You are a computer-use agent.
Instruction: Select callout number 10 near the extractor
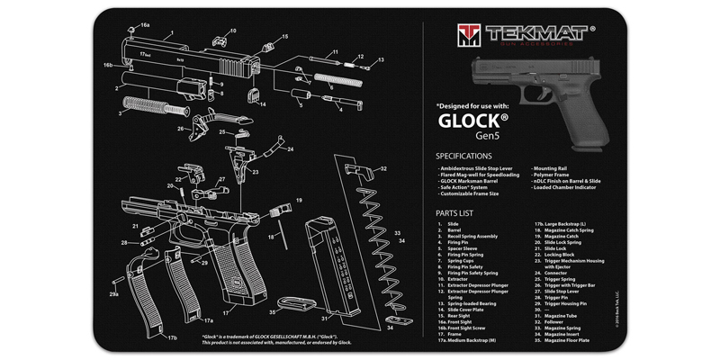click(x=232, y=31)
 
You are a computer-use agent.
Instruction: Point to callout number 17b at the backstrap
click(x=171, y=338)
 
